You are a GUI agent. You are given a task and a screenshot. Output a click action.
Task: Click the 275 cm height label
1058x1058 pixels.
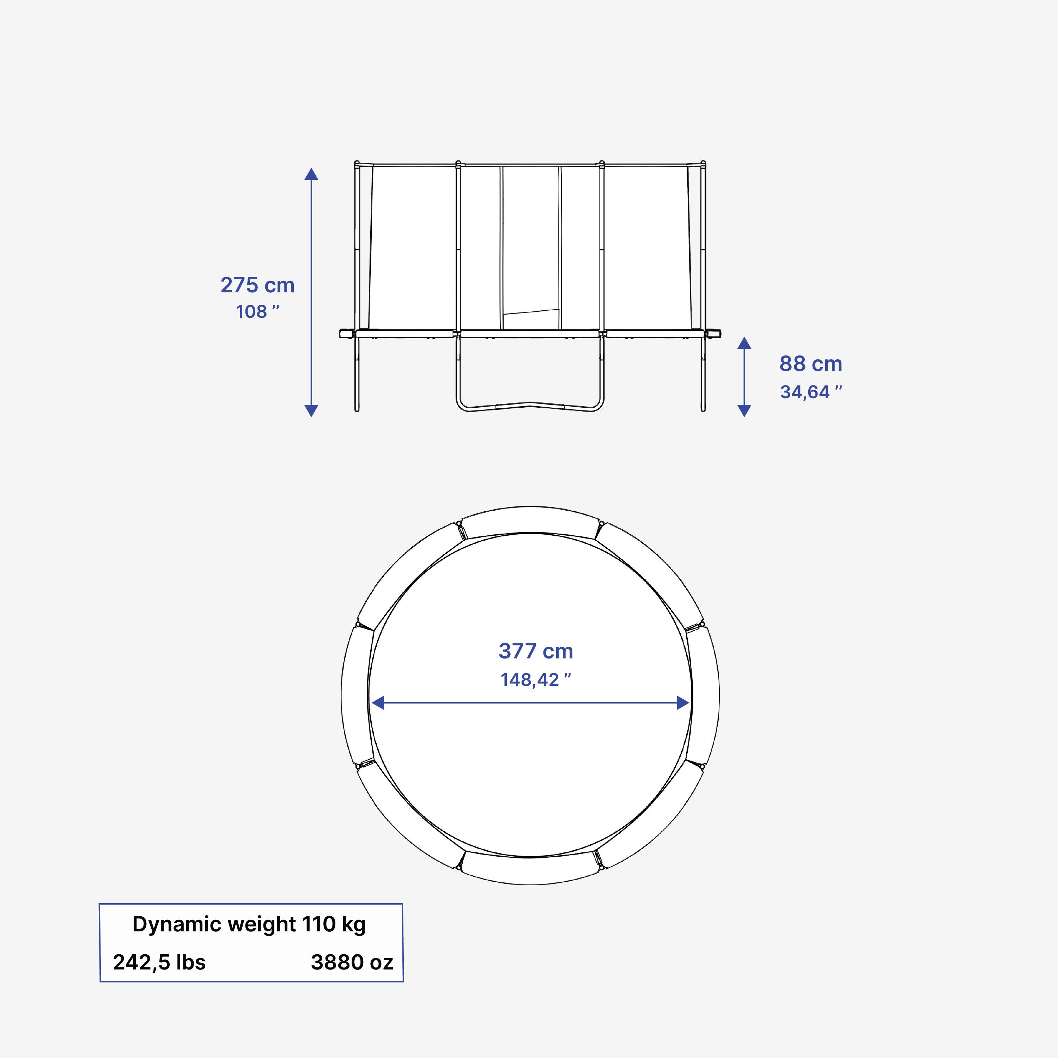click(257, 285)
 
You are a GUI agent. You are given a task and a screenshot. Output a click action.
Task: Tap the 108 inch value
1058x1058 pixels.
click(257, 312)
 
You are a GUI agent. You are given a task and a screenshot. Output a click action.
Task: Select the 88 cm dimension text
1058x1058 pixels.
click(810, 364)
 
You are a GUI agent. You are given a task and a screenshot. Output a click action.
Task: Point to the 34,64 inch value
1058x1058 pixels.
click(810, 392)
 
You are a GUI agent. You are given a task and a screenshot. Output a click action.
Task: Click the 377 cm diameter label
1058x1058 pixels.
click(536, 651)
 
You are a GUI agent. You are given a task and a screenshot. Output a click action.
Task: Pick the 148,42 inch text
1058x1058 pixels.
click(536, 680)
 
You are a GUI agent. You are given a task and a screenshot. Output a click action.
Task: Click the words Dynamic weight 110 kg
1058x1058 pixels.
click(249, 924)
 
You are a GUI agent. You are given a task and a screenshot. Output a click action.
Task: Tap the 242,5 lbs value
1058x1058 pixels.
click(159, 962)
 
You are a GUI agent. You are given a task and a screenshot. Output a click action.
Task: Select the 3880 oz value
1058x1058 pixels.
click(352, 962)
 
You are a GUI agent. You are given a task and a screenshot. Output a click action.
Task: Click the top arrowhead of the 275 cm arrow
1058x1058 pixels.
click(311, 175)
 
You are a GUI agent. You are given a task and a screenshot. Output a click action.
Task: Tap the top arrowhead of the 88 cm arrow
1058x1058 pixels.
click(744, 343)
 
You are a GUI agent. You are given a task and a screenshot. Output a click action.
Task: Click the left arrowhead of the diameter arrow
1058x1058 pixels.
click(378, 703)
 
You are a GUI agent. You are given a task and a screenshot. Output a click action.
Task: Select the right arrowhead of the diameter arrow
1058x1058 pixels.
click(683, 703)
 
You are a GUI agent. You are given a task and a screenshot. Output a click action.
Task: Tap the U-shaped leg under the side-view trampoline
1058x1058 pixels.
click(530, 406)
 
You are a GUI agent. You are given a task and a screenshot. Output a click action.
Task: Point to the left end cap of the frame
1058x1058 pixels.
click(346, 334)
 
